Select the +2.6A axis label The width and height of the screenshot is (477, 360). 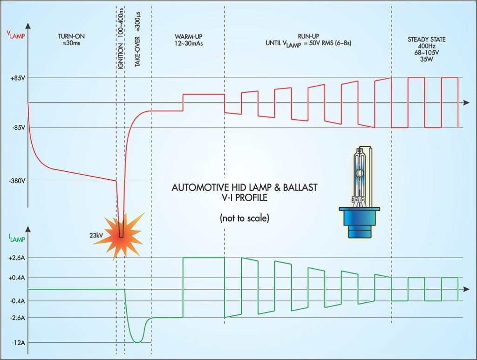coord(17,258)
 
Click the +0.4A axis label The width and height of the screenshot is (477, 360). coord(17,278)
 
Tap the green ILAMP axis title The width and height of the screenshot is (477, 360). coord(15,238)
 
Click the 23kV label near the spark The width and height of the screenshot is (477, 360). coord(96,235)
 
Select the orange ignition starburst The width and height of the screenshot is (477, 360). coord(120,235)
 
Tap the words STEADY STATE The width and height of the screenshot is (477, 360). coord(426,40)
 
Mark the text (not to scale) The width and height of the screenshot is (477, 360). coord(244,218)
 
